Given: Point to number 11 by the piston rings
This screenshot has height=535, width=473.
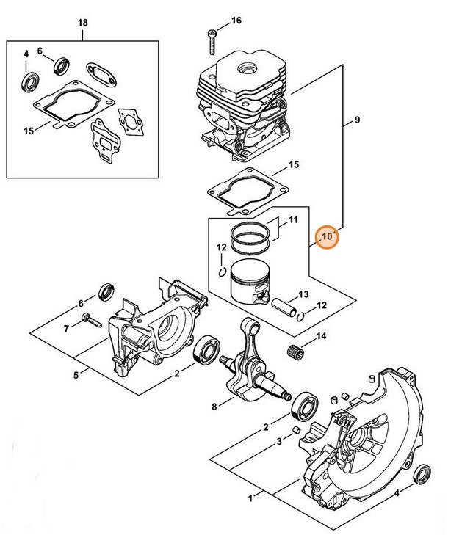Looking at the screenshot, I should pos(292,220).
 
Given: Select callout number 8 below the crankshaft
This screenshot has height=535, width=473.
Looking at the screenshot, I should pos(213,406).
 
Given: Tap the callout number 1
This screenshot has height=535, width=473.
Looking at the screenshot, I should pos(250,499).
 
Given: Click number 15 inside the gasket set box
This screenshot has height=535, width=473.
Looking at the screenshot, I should pos(29,131).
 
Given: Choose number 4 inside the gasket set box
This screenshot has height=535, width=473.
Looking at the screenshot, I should pos(26,54).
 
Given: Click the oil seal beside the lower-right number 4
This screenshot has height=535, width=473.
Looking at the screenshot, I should pos(424,473).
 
